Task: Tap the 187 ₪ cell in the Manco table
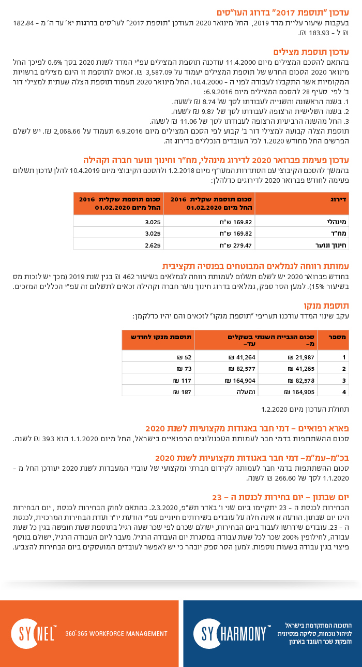(184, 392)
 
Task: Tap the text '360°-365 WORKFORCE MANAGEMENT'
(116, 633)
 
